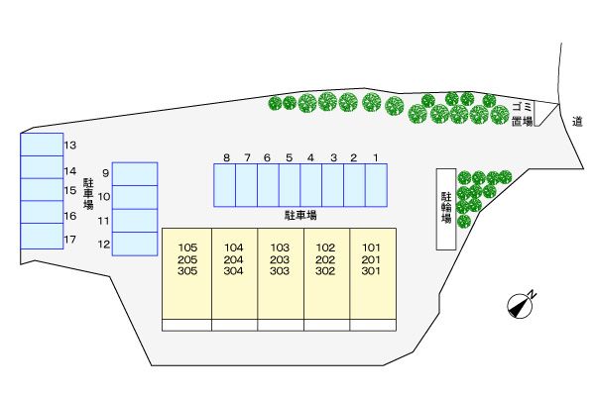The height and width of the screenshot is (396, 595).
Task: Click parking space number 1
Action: coord(377,185)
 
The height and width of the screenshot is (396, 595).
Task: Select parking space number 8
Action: coord(225,185)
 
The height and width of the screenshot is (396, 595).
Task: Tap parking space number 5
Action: coord(290,185)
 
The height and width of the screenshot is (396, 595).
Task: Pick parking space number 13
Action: coord(42,145)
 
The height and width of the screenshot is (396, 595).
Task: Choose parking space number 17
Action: coord(42,236)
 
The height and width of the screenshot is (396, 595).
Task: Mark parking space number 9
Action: coord(135,174)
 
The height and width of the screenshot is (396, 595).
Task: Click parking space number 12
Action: coord(135,244)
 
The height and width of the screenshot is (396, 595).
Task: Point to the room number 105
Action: coord(187,247)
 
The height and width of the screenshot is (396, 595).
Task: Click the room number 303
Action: coord(280,271)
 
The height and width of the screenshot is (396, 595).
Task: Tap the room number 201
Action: coord(371,259)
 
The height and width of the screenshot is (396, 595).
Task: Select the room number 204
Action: coord(233,259)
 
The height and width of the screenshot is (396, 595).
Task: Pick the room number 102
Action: coord(325,247)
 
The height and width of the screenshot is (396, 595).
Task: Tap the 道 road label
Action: coord(577,121)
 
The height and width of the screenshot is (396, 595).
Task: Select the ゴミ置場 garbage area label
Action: coord(523,114)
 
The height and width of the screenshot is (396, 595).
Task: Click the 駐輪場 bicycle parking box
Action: coord(446,209)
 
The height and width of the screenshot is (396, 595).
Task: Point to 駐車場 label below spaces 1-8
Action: coord(300,216)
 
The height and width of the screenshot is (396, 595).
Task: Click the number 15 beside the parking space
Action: coord(70,191)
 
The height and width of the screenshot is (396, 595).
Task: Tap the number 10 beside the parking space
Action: coord(104,197)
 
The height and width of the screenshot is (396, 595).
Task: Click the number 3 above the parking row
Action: coord(333,157)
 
